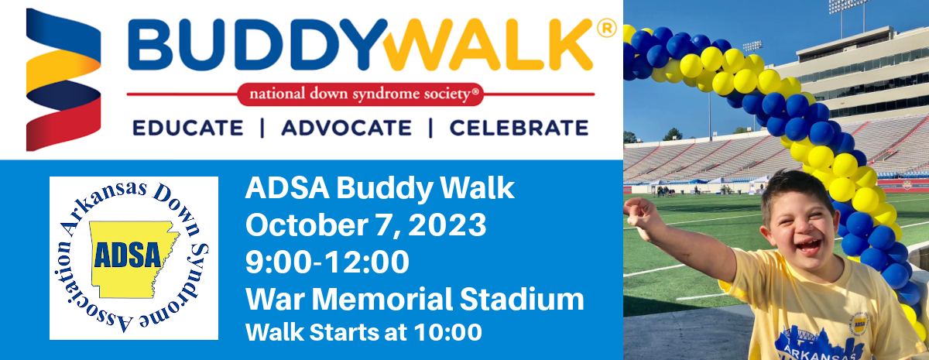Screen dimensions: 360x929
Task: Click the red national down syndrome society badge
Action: tap(360, 94)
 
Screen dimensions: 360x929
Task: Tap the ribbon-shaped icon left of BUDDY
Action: tap(63, 79)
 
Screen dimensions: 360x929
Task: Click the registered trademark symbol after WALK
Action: tap(607, 29)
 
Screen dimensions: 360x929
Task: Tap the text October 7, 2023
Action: tap(365, 225)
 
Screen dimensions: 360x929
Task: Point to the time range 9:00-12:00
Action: tap(327, 262)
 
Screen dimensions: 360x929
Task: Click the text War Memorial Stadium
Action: tap(414, 299)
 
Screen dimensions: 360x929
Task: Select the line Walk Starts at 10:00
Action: tap(363, 332)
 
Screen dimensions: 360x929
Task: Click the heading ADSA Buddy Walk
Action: tap(379, 188)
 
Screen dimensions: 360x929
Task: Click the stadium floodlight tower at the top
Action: tap(847, 7)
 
